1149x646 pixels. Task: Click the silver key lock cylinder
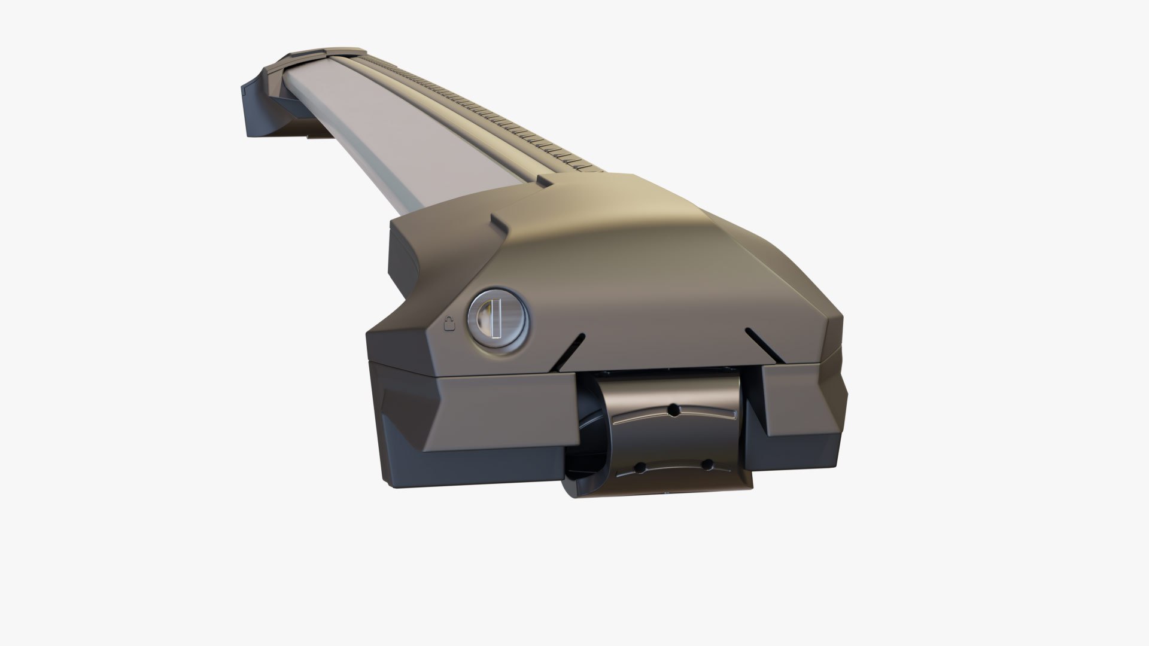coord(498,319)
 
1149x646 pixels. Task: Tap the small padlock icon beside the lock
coord(451,324)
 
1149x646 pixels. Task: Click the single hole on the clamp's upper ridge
coord(674,410)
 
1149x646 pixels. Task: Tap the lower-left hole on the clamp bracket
coord(640,466)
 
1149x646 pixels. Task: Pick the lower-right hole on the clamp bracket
coord(707,464)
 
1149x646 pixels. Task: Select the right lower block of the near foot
coord(802,407)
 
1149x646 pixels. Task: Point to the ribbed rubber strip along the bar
coord(509,120)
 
